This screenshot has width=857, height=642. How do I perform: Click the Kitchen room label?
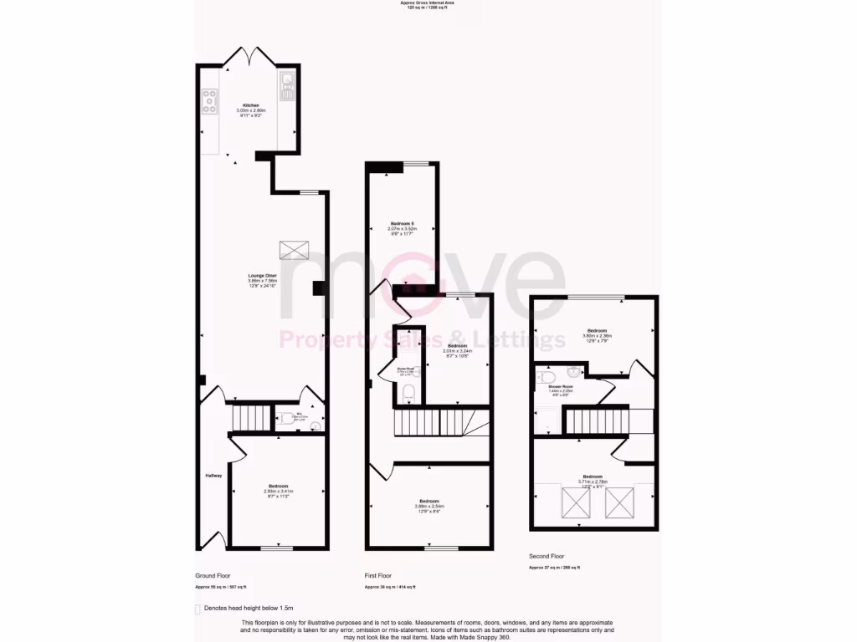point(251,105)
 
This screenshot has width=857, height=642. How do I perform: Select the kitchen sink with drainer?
point(288,86)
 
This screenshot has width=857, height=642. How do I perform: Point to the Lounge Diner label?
point(262,275)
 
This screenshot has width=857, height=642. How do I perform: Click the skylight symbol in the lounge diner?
point(295,249)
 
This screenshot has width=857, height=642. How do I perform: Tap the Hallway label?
point(213,476)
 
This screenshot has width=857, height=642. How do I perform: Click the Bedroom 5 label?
point(403,223)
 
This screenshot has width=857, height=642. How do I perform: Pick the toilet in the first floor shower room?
point(408,393)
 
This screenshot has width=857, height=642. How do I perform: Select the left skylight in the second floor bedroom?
point(576,502)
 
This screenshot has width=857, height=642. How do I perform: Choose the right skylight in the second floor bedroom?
point(621,502)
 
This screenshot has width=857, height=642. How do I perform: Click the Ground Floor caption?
point(212,576)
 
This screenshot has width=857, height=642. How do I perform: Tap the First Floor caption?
point(378,576)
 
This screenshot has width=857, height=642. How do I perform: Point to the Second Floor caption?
point(547,556)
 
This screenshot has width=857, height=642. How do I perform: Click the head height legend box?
point(198,609)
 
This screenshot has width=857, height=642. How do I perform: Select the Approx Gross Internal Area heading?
point(428,3)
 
